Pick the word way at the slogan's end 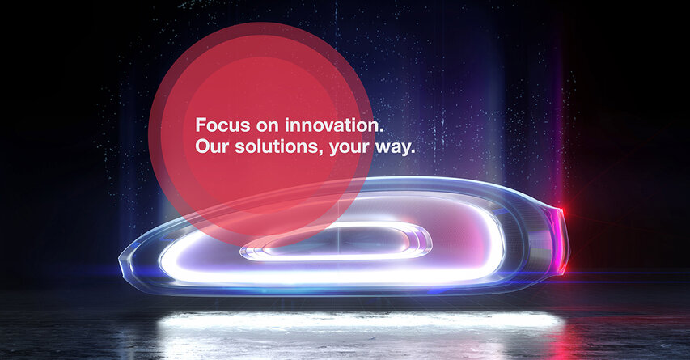[x=392, y=148]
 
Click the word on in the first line [x=268, y=127]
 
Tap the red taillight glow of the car [x=561, y=239]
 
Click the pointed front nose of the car [x=122, y=265]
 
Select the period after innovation [x=382, y=131]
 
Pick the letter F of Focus [x=201, y=125]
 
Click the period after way [x=413, y=152]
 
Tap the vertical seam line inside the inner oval [x=338, y=241]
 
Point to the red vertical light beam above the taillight [x=561, y=132]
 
